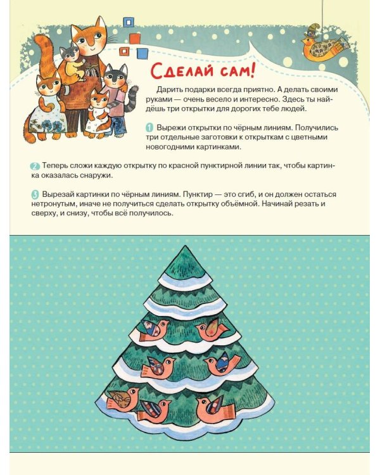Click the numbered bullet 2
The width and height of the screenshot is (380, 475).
35,167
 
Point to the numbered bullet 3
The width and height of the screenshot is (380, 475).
35,194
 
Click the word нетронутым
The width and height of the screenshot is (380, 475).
53,204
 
